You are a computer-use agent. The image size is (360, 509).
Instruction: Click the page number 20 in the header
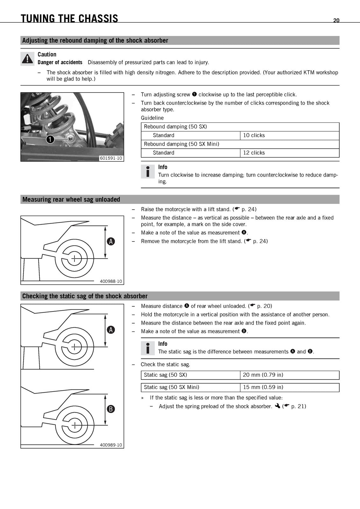(336, 20)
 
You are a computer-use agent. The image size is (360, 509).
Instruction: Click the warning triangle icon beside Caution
(27, 59)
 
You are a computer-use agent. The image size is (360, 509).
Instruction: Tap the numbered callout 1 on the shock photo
(50, 139)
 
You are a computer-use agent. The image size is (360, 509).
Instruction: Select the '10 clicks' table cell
(290, 136)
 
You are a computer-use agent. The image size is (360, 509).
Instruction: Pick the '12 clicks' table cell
(290, 153)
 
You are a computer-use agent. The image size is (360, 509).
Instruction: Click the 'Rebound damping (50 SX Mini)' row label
(181, 144)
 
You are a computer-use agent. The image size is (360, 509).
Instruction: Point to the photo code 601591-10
(111, 158)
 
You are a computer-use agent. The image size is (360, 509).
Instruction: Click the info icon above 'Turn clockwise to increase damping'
(148, 171)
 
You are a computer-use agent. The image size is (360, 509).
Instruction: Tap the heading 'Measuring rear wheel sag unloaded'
(71, 199)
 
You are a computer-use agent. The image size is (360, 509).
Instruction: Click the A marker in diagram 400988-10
(111, 241)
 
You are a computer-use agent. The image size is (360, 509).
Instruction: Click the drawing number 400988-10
(111, 281)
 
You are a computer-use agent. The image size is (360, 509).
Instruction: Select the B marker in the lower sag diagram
(111, 409)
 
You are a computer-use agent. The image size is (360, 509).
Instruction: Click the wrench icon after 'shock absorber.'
(278, 406)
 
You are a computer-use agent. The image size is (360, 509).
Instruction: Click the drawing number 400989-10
(111, 445)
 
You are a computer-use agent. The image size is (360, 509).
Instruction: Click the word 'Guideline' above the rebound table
(152, 118)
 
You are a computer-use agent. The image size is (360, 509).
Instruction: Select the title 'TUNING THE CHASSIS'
(69, 18)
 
